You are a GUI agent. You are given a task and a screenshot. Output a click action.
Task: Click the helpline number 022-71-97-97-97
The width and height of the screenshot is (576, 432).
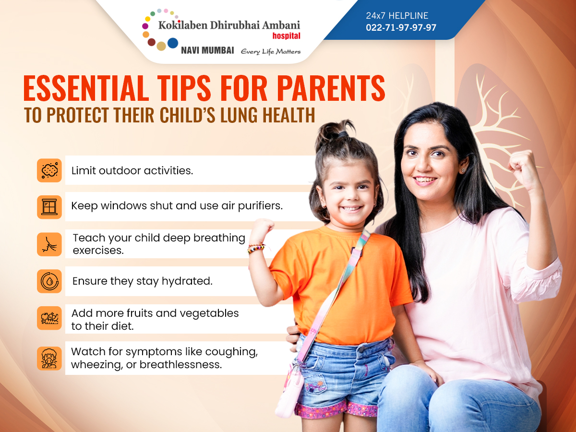[401, 27]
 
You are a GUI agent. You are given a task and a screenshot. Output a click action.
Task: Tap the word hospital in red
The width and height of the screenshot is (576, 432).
[286, 36]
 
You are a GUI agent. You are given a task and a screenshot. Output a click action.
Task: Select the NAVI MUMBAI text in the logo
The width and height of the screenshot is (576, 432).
[207, 50]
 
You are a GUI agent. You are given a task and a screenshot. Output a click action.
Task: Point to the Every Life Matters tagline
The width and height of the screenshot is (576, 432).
[271, 51]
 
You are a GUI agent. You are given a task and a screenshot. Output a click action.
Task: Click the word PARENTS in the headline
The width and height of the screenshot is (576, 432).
[331, 88]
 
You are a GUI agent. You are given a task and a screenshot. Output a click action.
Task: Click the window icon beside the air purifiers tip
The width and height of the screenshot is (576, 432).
[49, 207]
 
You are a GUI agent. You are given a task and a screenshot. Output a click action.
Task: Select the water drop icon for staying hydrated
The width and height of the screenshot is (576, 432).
[49, 281]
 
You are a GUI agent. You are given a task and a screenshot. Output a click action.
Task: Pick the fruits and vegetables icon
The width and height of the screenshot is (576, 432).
[49, 318]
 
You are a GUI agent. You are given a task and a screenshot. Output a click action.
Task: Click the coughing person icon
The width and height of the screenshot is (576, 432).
[49, 358]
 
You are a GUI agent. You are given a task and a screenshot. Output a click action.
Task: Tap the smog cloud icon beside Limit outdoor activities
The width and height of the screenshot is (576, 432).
[49, 170]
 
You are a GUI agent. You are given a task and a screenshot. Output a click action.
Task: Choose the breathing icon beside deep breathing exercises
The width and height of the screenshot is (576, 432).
[49, 244]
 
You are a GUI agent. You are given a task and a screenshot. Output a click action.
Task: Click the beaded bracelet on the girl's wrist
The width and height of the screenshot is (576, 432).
[256, 248]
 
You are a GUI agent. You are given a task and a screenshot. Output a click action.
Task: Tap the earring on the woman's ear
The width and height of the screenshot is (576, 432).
[463, 170]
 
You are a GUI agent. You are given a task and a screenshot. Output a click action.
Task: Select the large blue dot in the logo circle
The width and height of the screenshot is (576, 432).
[173, 43]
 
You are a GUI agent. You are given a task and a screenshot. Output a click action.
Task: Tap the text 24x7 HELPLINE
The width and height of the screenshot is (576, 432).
[397, 16]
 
